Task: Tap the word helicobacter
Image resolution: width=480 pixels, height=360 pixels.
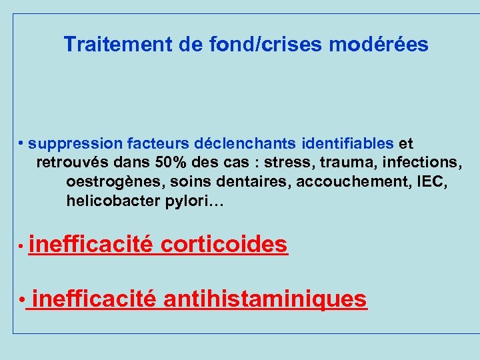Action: [113, 201]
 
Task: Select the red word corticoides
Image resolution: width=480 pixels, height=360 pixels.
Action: [224, 245]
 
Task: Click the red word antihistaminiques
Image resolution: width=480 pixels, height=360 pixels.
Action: [265, 299]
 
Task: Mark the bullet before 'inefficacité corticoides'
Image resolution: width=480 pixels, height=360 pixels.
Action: [22, 246]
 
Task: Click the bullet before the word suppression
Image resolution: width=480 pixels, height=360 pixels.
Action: [22, 143]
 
